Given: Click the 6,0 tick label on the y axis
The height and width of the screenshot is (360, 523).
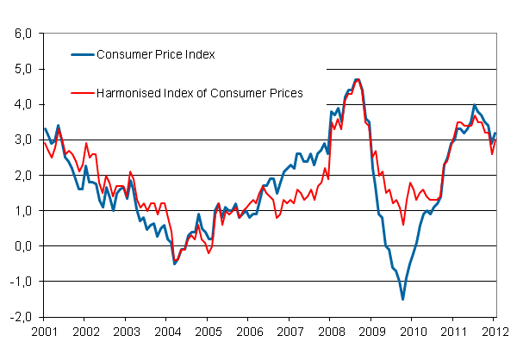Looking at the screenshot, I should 22,34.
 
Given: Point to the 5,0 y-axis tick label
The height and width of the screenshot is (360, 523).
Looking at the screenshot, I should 22,69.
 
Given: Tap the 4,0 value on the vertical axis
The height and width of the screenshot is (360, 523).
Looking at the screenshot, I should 22,104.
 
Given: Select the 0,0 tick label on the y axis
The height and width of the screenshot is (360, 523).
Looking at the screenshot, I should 22,245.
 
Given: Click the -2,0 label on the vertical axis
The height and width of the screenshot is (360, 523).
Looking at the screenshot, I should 20,316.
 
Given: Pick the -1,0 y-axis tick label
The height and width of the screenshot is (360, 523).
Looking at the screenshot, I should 20,281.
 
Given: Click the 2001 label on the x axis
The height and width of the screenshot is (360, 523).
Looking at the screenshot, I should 44,331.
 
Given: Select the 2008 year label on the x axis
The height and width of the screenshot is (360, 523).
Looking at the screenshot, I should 330,331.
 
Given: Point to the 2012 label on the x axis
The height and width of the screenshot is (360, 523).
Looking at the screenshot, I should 493,331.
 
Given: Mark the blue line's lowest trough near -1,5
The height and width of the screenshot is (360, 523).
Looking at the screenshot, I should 402,299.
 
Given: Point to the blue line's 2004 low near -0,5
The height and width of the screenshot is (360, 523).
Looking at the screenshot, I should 175,263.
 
